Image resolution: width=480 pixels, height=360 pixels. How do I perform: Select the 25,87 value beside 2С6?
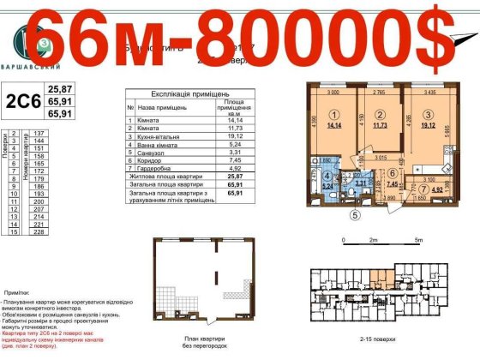(x=59, y=88)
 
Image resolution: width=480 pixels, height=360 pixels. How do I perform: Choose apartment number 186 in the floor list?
(x=38, y=185)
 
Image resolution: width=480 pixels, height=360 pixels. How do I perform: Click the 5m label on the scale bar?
(x=417, y=241)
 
